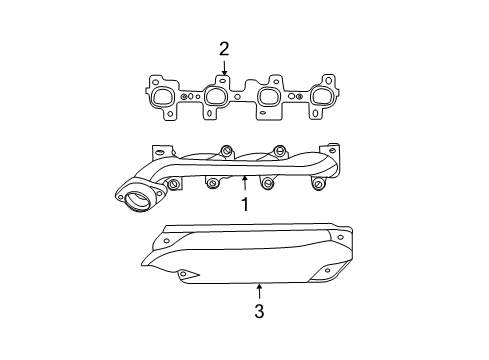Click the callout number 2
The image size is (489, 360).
[x=224, y=48]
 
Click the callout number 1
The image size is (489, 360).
[x=244, y=205]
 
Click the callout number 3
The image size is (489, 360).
[x=259, y=311]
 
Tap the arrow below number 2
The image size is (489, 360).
[x=224, y=69]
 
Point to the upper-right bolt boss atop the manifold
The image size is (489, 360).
[x=281, y=149]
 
